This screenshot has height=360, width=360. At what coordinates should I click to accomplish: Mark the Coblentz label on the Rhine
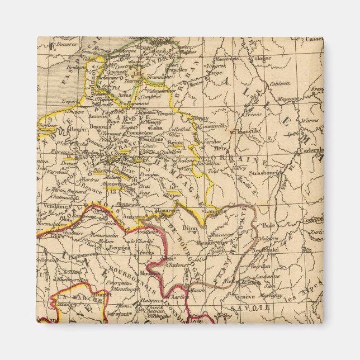pos(280,84)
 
